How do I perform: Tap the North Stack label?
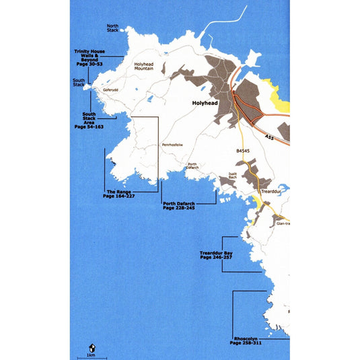coord(113,28)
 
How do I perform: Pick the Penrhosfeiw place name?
coord(172,145)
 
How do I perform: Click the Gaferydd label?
coord(111,90)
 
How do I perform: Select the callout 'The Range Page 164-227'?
coord(118,193)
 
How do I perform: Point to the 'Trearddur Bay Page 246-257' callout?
coord(216,256)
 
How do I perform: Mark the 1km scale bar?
coord(91,357)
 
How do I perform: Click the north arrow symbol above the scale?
coord(91,347)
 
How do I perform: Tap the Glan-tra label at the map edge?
coord(283,223)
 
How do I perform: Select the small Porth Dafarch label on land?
coord(192,166)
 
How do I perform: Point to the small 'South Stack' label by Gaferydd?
coord(79,82)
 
